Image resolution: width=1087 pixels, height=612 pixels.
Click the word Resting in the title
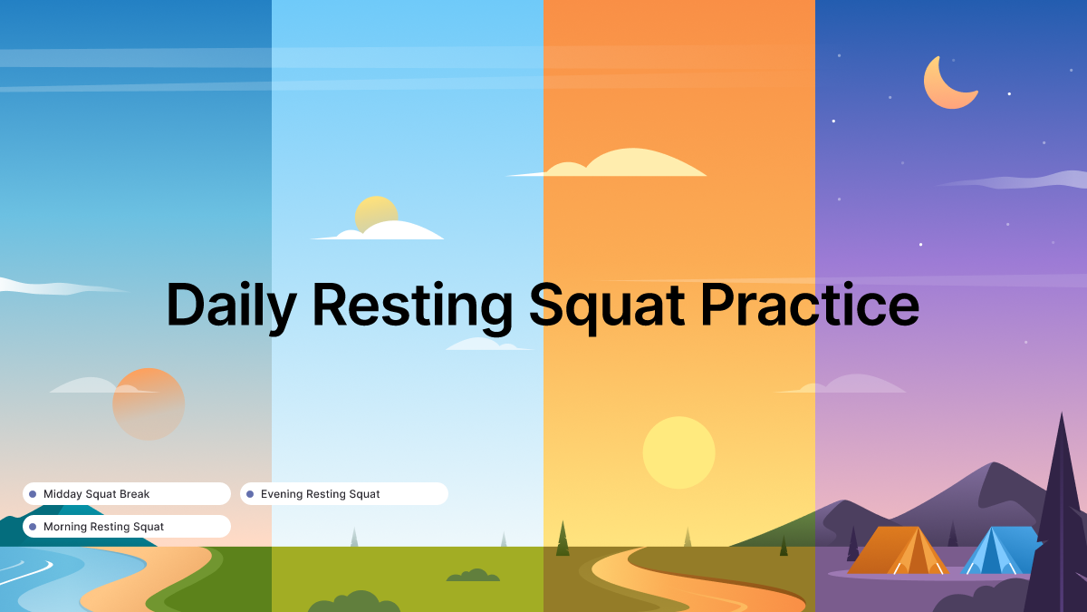pyautogui.click(x=413, y=306)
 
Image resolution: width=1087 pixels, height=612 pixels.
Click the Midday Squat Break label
pyautogui.click(x=96, y=494)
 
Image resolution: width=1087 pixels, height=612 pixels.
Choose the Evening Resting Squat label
pyautogui.click(x=320, y=494)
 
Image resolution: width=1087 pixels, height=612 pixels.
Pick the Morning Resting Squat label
pyautogui.click(x=103, y=527)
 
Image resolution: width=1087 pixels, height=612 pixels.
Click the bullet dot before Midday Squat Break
pyautogui.click(x=33, y=494)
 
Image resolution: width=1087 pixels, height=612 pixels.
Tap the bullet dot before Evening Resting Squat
pyautogui.click(x=250, y=494)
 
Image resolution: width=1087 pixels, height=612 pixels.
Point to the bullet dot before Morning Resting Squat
pyautogui.click(x=33, y=527)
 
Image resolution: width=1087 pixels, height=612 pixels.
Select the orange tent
pyautogui.click(x=897, y=551)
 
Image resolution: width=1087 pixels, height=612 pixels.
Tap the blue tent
pyautogui.click(x=996, y=551)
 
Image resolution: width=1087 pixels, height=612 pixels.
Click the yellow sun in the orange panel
pyautogui.click(x=678, y=452)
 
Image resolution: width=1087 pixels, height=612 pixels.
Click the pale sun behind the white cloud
pyautogui.click(x=375, y=211)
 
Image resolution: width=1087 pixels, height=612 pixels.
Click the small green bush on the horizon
pyautogui.click(x=472, y=576)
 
